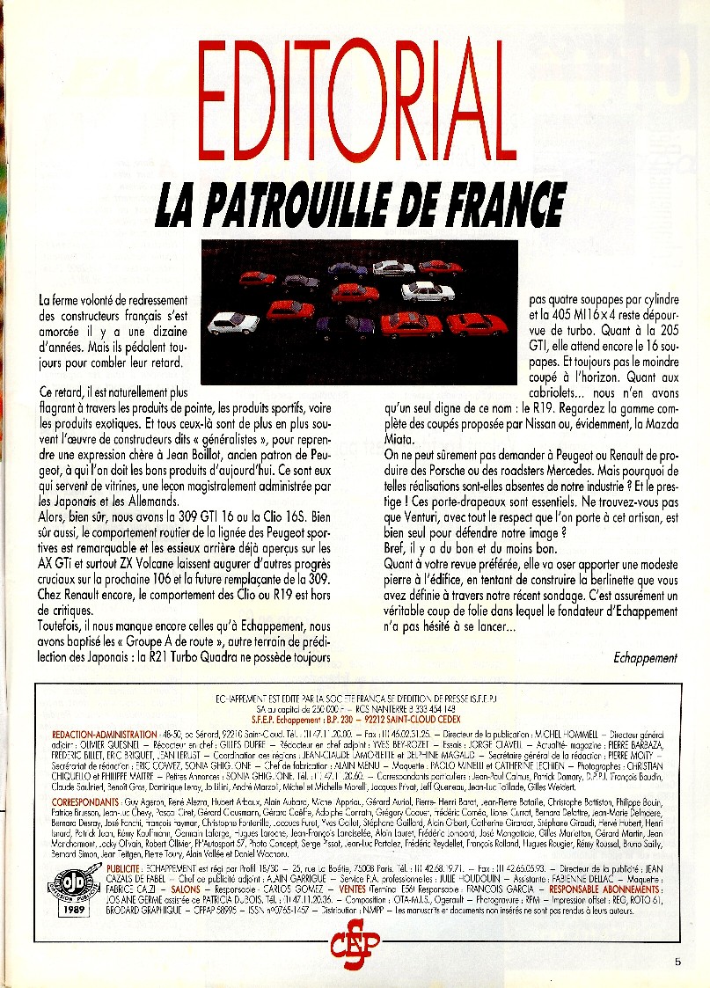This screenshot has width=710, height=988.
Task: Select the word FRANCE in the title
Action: pyautogui.click(x=503, y=204)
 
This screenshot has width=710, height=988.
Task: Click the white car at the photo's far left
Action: pyautogui.click(x=233, y=322)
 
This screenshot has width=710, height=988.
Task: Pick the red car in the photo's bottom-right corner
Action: pyautogui.click(x=477, y=324)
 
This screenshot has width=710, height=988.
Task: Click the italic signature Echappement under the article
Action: pyautogui.click(x=645, y=657)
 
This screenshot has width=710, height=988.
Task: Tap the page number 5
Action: pyautogui.click(x=677, y=962)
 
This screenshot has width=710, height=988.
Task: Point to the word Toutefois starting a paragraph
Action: pyautogui.click(x=63, y=626)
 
